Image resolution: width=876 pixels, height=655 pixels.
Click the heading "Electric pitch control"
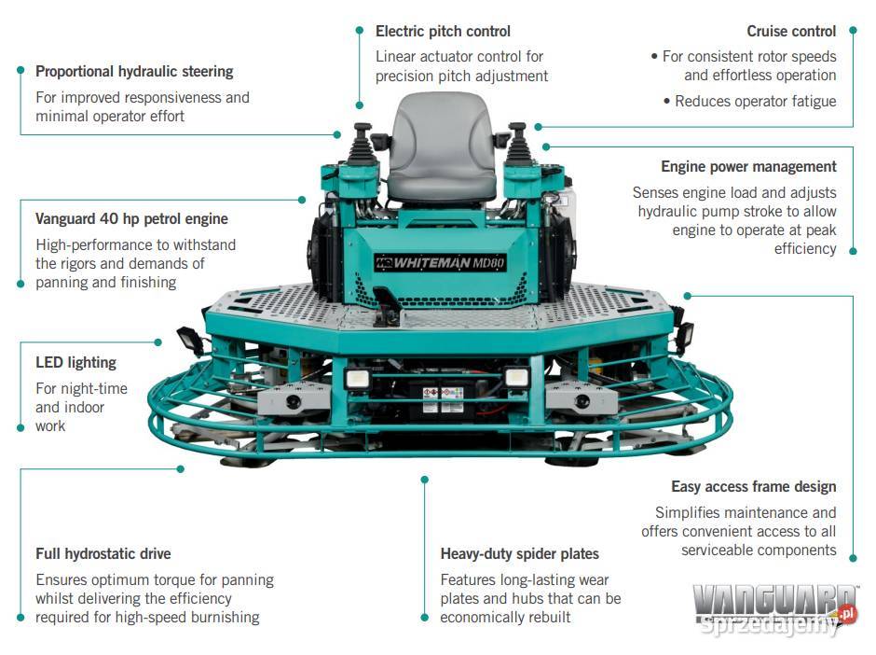click(x=443, y=32)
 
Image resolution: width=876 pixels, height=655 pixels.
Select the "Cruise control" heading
click(x=791, y=32)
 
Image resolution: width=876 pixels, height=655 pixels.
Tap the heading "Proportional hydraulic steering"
click(x=134, y=72)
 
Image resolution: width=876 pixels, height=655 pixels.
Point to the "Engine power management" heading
click(x=748, y=167)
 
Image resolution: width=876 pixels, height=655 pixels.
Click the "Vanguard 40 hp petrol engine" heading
click(x=131, y=218)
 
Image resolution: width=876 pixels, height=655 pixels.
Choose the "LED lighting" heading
click(x=76, y=362)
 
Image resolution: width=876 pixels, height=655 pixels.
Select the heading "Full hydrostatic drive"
click(x=103, y=553)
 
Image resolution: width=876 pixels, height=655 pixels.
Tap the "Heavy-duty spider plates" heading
click(x=520, y=553)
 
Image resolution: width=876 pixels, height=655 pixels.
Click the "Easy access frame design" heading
click(x=754, y=487)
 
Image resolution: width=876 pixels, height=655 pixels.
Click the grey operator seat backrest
click(x=442, y=132)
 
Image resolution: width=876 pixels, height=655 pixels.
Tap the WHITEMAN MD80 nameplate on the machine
click(x=440, y=262)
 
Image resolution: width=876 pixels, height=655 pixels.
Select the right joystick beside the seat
click(x=518, y=143)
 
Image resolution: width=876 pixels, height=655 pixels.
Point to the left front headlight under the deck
click(x=357, y=378)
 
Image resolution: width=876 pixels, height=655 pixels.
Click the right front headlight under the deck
click(x=517, y=378)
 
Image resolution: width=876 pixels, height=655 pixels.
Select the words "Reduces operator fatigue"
click(x=756, y=102)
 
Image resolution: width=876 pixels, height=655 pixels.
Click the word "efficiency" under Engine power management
click(x=805, y=249)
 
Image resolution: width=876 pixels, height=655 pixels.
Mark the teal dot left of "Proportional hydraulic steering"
click(x=21, y=70)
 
